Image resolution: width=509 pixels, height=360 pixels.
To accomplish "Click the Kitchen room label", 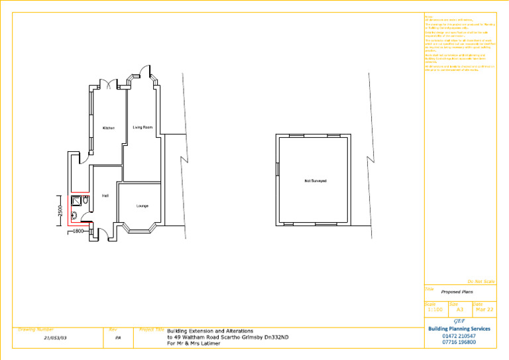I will click(x=109, y=128).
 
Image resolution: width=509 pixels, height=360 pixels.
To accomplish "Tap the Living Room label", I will click(x=142, y=127).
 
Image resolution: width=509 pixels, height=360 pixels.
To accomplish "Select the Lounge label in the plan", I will click(x=142, y=206).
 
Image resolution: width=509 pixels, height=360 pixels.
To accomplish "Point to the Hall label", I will click(x=105, y=196).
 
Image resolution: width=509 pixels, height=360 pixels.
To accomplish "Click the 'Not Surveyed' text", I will click(x=315, y=181).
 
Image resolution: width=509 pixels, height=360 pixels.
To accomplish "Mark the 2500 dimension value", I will click(x=60, y=210).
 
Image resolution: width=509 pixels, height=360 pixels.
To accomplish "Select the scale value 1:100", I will click(x=435, y=310).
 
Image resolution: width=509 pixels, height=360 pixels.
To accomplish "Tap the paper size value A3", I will click(x=460, y=310).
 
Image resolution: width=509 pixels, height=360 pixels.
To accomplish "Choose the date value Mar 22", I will click(x=484, y=310).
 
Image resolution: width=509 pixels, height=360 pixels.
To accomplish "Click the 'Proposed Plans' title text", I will click(x=457, y=292).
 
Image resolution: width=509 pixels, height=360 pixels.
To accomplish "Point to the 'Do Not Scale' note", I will click(x=481, y=282).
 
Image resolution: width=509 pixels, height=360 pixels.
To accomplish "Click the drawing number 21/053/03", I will click(x=56, y=337).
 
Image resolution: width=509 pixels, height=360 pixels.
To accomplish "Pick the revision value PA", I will click(x=118, y=337).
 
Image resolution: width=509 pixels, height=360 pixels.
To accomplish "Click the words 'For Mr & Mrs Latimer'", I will click(x=197, y=342).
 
